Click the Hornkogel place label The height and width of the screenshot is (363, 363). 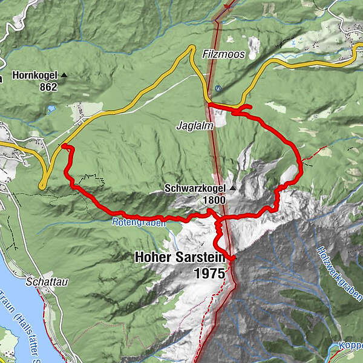[34, 76]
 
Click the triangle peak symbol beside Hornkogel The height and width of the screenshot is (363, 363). [64, 76]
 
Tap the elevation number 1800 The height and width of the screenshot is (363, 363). [215, 200]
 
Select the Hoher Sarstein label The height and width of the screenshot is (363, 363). [180, 257]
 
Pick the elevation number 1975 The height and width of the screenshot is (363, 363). [210, 273]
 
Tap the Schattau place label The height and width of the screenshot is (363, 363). [42, 283]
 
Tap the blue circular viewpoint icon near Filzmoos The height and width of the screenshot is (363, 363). [218, 88]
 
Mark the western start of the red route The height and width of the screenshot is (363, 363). [63, 146]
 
